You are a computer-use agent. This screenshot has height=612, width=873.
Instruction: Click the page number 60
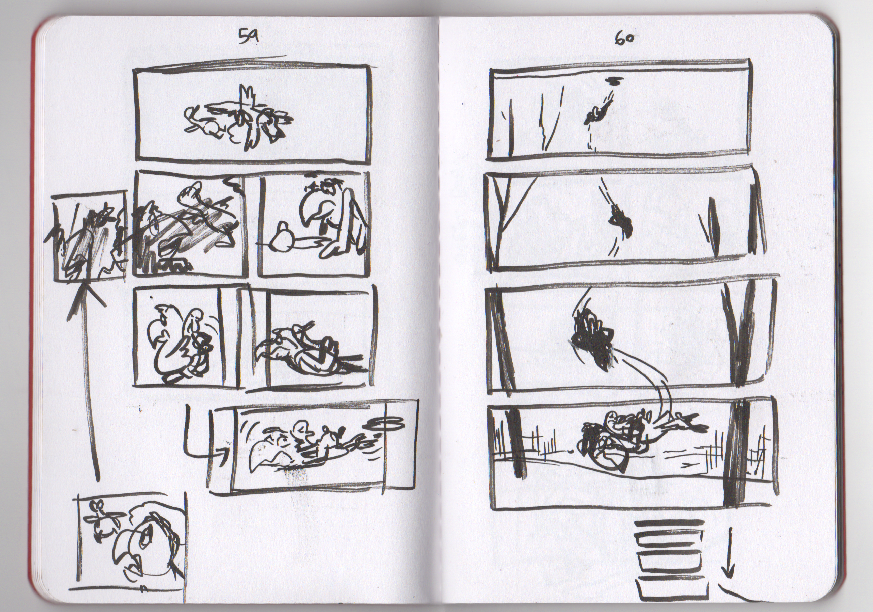tap(623, 39)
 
